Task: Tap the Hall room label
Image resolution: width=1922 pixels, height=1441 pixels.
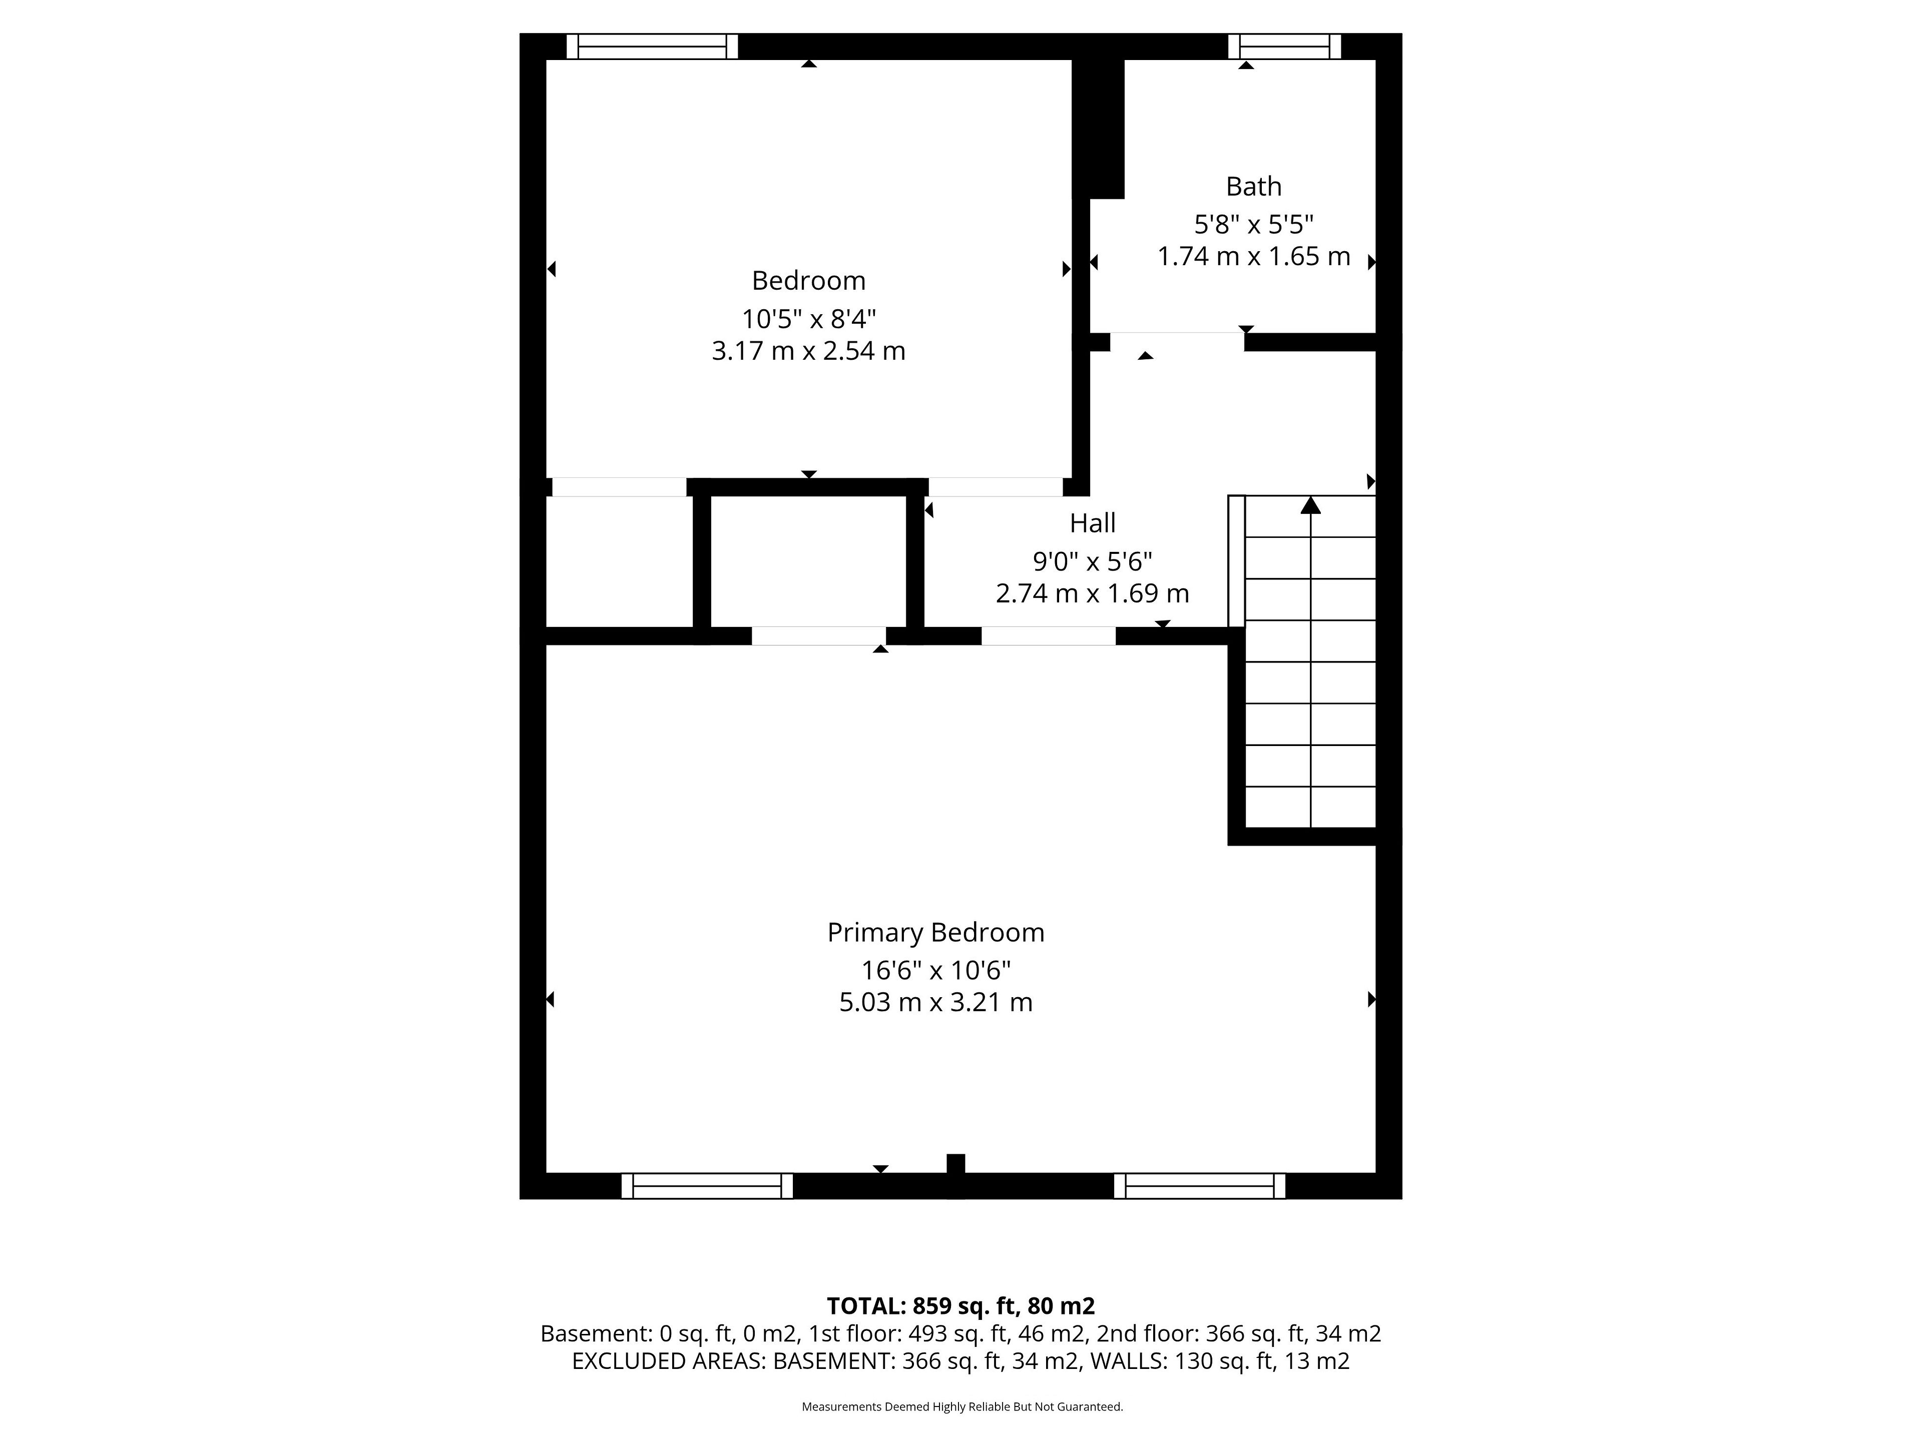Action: point(1092,523)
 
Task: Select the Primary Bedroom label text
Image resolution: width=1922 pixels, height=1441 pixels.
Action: point(936,933)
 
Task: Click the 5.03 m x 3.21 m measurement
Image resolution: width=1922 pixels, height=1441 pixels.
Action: point(936,1002)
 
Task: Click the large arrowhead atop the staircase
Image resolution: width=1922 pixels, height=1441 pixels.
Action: point(1310,505)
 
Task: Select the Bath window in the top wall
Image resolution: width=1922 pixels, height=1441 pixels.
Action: point(1284,46)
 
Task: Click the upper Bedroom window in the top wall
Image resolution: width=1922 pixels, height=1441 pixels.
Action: point(652,46)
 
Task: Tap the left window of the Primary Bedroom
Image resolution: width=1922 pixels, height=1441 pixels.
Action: point(706,1186)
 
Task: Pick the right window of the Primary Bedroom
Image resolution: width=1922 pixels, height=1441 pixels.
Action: point(1199,1186)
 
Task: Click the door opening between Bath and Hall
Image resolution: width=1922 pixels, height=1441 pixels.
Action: point(1177,341)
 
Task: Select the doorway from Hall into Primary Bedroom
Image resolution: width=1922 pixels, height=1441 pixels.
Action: point(1048,636)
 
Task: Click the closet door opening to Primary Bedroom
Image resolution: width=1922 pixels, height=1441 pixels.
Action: point(818,636)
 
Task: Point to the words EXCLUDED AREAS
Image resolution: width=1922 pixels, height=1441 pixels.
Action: point(667,1361)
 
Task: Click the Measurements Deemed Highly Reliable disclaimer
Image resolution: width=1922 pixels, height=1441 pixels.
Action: point(962,1406)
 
